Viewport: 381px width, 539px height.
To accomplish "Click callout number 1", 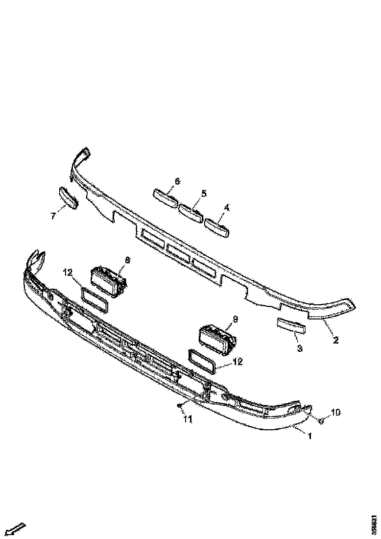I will click(x=309, y=435).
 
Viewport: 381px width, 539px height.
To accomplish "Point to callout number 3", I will click(x=300, y=348).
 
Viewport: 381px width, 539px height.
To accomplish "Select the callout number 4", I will click(x=226, y=208).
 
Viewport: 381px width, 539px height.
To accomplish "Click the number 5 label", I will click(x=204, y=193).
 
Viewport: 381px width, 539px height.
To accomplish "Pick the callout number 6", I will click(x=177, y=181).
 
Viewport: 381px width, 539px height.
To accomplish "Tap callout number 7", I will click(x=52, y=216).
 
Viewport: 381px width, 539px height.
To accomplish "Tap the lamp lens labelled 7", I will click(x=68, y=197).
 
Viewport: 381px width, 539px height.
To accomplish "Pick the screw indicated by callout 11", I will click(x=181, y=405).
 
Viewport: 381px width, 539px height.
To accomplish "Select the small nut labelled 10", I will click(x=320, y=420).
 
